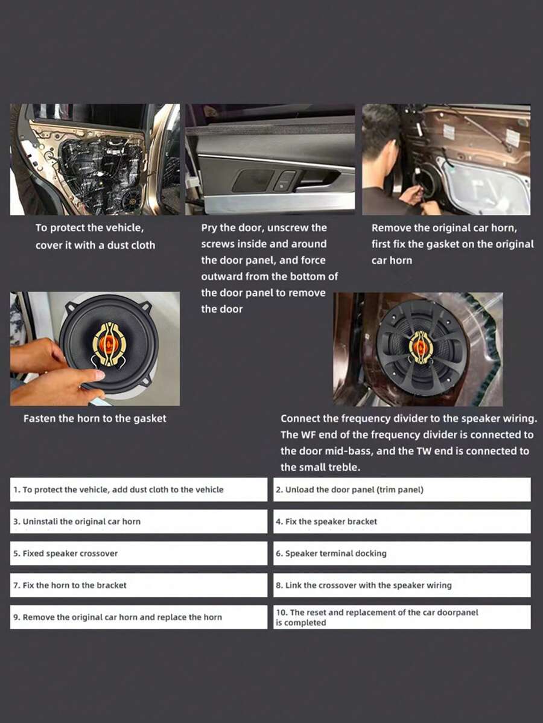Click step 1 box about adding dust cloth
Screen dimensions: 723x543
pos(138,489)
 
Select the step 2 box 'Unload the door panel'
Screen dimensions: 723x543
pos(402,489)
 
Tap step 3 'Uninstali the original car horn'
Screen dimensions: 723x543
pos(138,521)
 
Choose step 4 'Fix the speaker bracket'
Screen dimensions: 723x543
pos(402,521)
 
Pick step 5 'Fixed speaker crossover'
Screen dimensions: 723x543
pos(138,553)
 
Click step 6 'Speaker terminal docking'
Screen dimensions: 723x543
pos(402,553)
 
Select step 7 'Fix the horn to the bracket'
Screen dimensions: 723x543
pos(138,585)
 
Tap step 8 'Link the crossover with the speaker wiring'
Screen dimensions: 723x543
pos(402,585)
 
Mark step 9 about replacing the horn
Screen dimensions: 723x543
pos(138,617)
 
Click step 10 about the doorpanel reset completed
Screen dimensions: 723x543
pos(402,617)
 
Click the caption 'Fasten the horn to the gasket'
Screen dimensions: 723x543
pos(95,418)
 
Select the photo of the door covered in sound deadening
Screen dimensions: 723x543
pos(95,159)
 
